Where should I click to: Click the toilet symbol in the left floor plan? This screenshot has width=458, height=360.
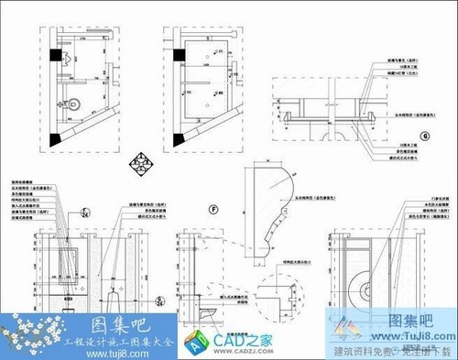73,105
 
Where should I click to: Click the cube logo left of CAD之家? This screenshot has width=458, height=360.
196,344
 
